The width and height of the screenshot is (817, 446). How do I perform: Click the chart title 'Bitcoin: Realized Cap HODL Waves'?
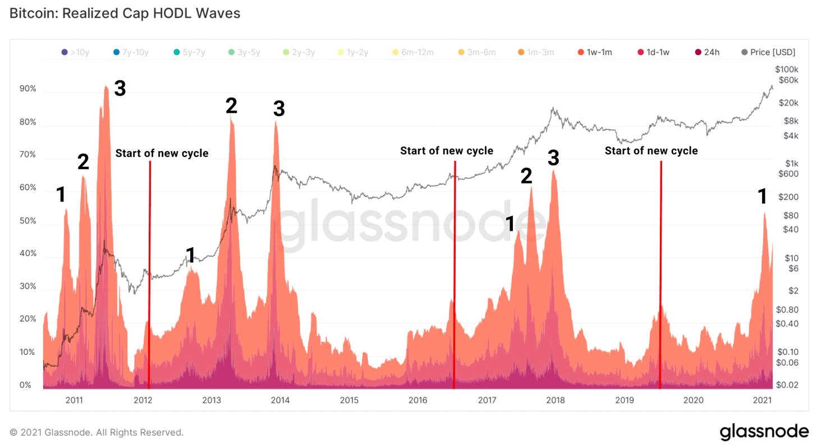pos(125,13)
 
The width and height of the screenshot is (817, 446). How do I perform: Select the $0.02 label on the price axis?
pos(787,385)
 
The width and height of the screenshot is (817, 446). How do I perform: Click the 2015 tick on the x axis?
pos(349,400)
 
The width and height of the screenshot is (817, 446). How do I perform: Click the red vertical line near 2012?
pos(149,275)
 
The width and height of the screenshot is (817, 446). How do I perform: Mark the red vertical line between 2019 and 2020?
pos(660,275)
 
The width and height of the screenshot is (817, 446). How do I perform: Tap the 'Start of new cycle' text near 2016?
pos(447,151)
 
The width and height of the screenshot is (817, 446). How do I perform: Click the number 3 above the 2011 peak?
pos(120,89)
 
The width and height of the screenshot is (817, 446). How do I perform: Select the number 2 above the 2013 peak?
pos(231,106)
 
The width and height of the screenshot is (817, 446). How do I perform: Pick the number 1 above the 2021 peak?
pos(762,197)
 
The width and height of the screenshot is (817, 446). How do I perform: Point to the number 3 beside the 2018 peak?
pos(553,159)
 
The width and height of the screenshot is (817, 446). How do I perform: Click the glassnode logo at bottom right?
pos(764,431)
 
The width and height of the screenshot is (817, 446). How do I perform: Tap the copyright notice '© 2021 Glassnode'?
pos(97,433)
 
